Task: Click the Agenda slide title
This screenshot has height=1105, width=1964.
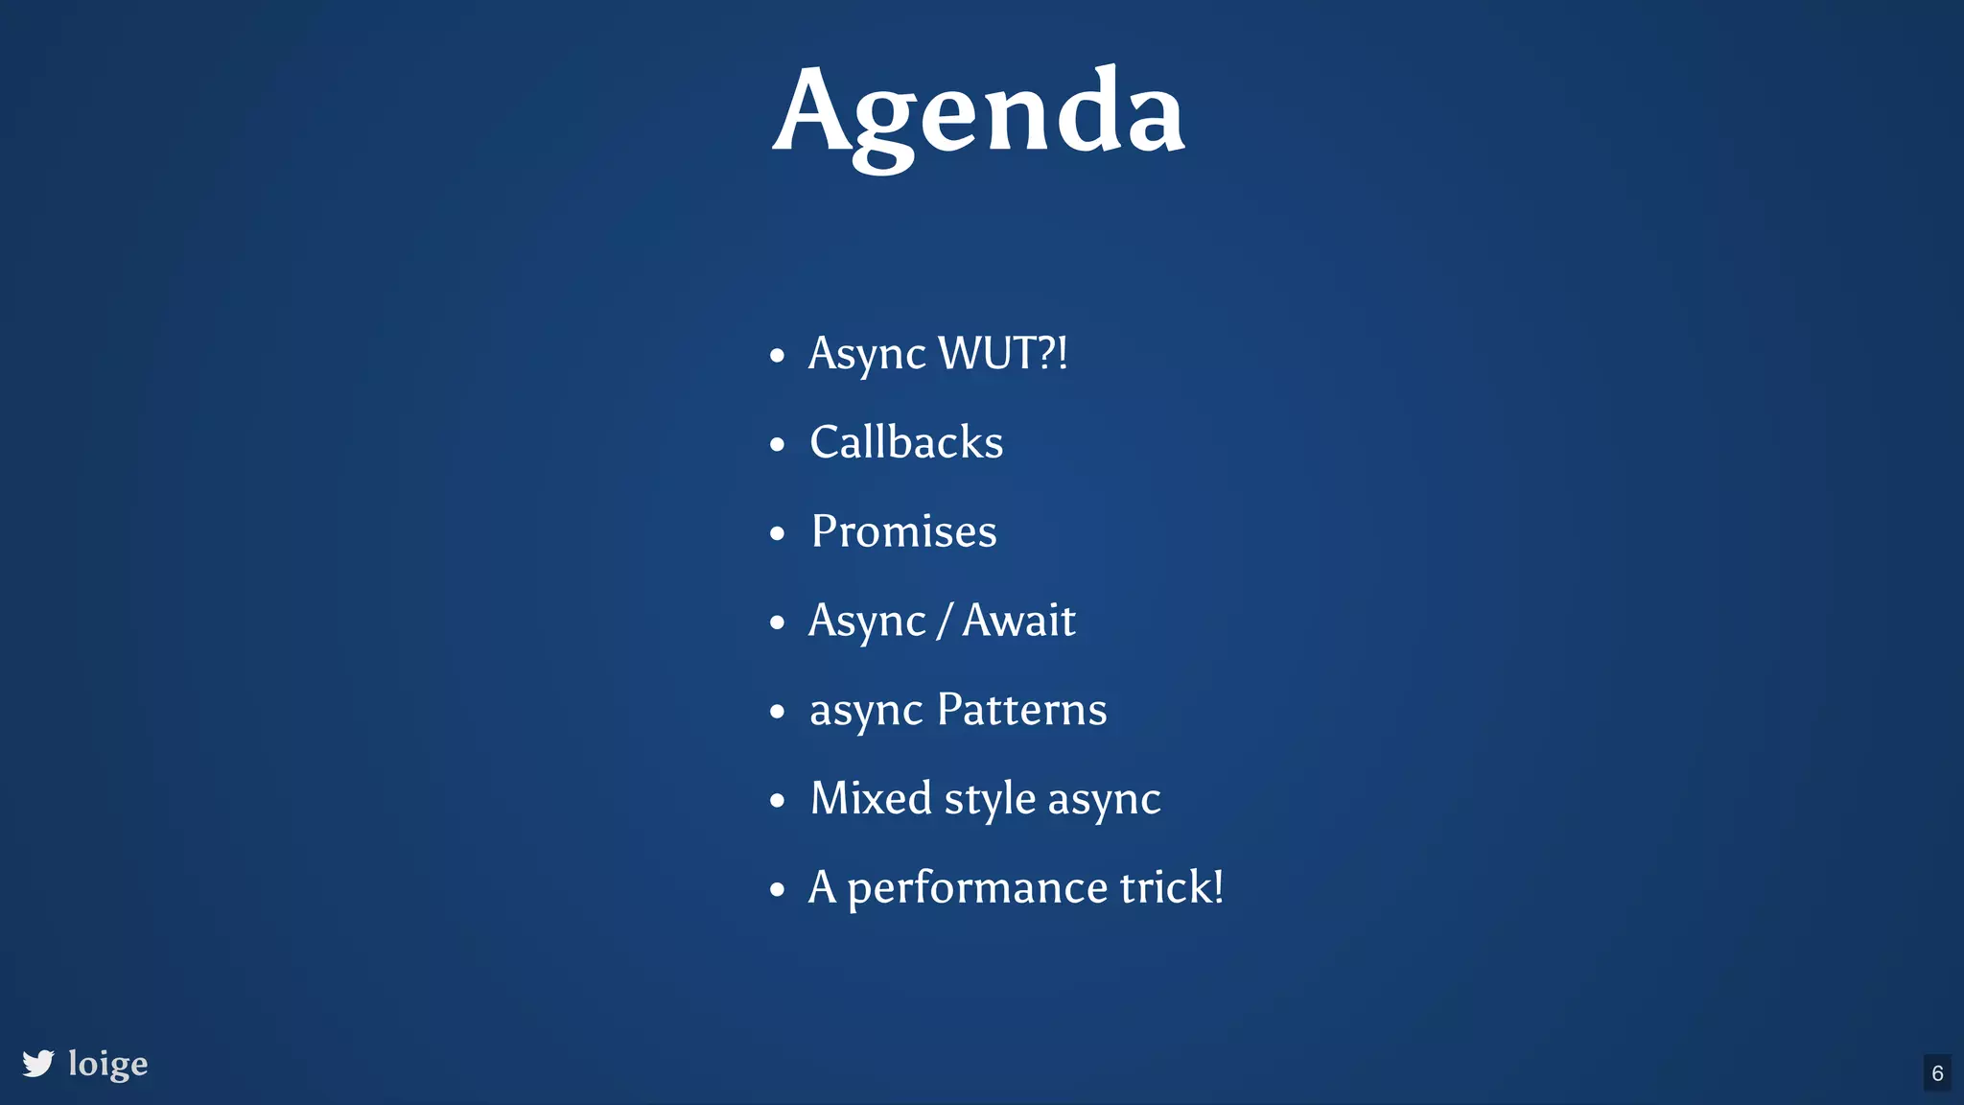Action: (979, 113)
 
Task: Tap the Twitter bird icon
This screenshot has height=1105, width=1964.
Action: (38, 1063)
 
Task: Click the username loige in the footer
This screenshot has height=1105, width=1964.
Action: (108, 1064)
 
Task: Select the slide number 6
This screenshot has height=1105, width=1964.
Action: (1937, 1073)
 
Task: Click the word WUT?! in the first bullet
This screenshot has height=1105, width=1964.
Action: (1003, 353)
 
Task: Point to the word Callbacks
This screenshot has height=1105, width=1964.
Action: (906, 442)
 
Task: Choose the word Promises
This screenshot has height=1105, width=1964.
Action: (904, 531)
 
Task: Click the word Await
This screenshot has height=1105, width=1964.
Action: (1018, 620)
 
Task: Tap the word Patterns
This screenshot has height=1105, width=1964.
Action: (1021, 710)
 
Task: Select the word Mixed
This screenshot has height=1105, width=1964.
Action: (871, 798)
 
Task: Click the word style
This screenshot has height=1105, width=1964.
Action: (990, 799)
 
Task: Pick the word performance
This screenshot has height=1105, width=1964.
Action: (977, 888)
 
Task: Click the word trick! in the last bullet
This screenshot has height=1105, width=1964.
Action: (1172, 887)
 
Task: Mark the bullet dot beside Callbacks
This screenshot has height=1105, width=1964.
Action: (777, 445)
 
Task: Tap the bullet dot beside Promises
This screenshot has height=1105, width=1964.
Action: (777, 533)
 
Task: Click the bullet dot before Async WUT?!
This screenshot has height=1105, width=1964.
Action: (777, 356)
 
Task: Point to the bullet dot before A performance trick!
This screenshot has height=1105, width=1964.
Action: (777, 889)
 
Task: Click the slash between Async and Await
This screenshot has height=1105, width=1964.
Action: (944, 621)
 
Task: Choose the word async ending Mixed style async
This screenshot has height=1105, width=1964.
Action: (1104, 800)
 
